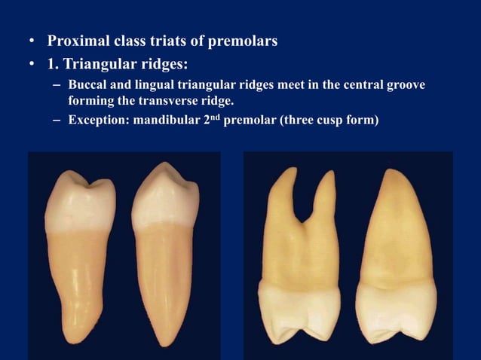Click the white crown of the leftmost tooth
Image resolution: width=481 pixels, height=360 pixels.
coord(79,200)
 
